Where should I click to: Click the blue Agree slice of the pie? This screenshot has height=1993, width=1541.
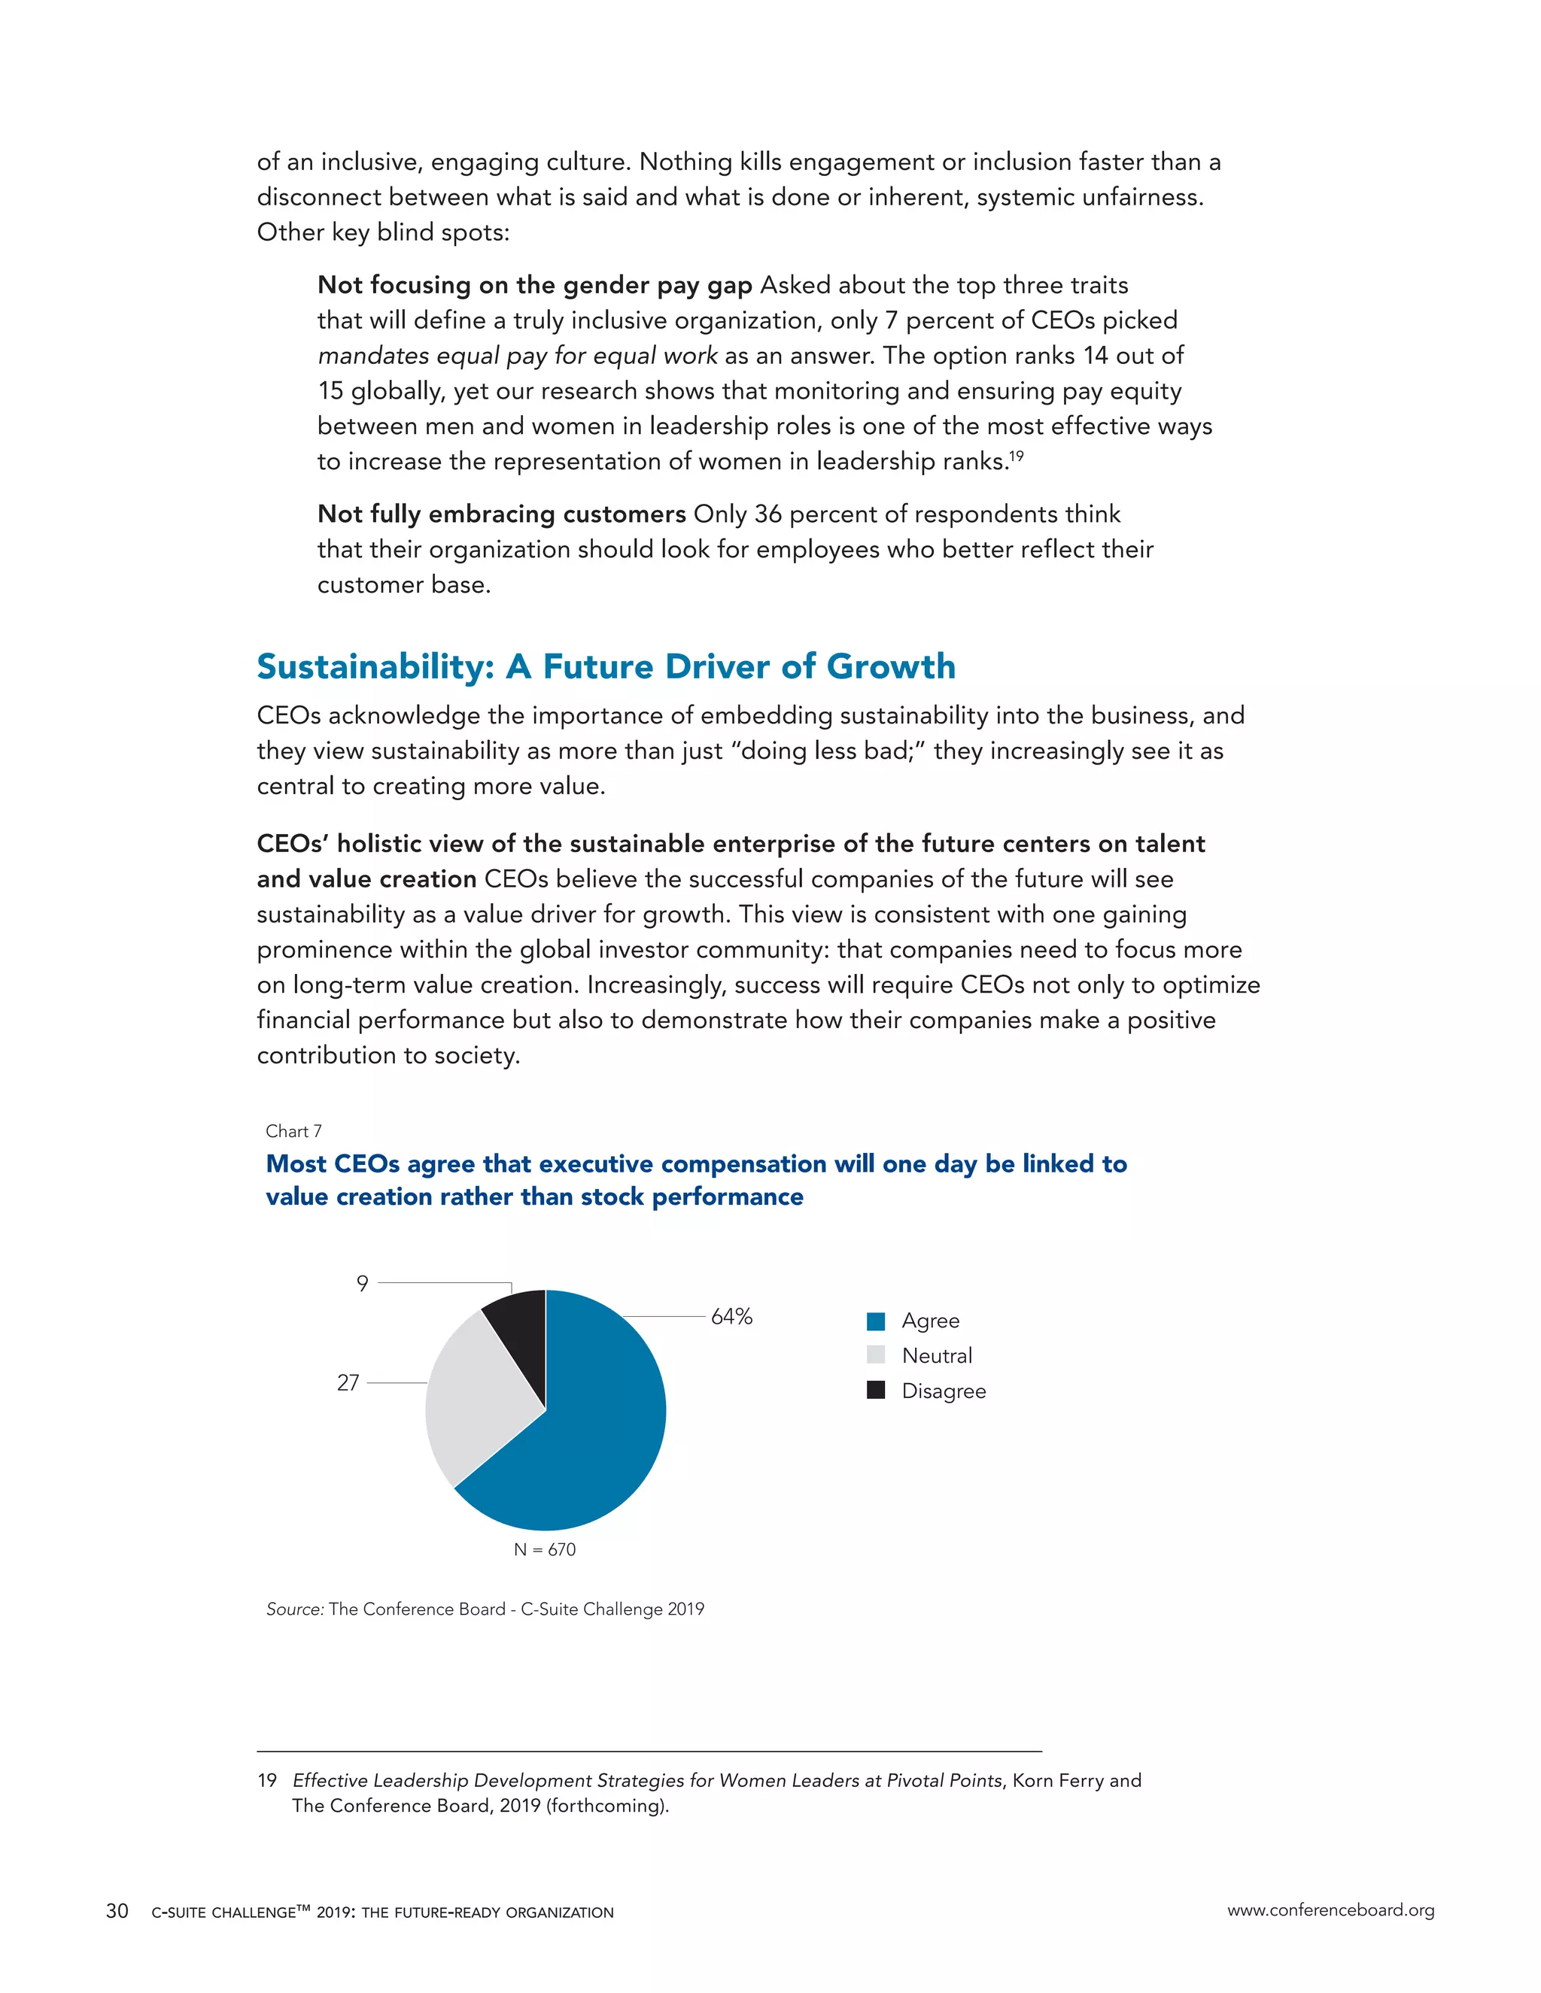pos(584,1442)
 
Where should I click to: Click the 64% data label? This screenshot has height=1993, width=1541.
pos(731,1317)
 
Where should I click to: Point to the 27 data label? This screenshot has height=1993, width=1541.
pos(348,1382)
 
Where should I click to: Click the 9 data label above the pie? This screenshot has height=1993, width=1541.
pos(363,1284)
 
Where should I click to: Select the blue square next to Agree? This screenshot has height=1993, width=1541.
pos(876,1321)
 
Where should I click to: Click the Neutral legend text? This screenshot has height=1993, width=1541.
pos(937,1356)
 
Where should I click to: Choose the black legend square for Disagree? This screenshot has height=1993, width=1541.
pos(876,1390)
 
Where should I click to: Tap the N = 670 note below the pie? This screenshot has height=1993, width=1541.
pos(544,1549)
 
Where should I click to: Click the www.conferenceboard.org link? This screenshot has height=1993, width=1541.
pos(1330,1911)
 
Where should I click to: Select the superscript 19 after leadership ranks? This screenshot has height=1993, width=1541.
pos(1017,455)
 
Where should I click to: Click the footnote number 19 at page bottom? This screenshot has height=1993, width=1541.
pos(266,1780)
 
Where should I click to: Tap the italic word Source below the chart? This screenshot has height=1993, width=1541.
pos(294,1609)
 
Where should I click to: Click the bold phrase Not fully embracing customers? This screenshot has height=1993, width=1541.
pos(501,514)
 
